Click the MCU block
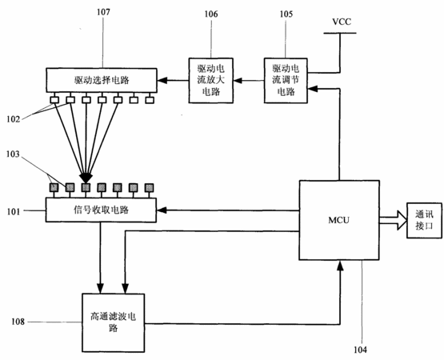point(339,220)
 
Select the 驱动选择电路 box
point(102,80)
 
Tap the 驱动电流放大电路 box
point(211,81)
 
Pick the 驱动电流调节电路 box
point(286,81)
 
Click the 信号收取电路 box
point(101,210)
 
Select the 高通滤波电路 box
point(114,322)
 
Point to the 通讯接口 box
point(424,220)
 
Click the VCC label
point(342,22)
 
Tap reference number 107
point(103,12)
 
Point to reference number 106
point(211,14)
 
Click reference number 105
point(286,14)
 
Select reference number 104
point(360,350)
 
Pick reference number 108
point(18,322)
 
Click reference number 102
point(14,119)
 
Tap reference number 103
point(13,154)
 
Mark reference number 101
point(14,211)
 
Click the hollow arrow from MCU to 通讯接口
point(393,220)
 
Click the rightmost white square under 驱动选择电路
point(150,100)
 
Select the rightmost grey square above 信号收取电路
point(150,187)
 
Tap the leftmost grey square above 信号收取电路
point(54,187)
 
